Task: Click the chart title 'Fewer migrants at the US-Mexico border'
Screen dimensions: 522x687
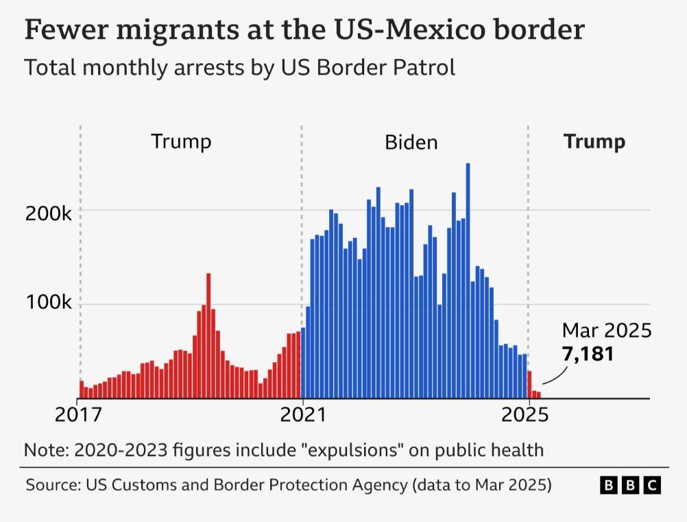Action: (304, 30)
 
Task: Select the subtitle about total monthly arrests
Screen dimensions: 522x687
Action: (239, 68)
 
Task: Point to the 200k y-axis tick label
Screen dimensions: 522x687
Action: (49, 213)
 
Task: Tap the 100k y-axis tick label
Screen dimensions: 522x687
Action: (49, 303)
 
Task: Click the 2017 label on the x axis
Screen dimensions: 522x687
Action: (77, 415)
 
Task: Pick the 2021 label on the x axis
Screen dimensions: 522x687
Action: (302, 415)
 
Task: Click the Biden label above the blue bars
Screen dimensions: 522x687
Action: (411, 143)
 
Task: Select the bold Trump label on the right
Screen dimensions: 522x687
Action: (594, 142)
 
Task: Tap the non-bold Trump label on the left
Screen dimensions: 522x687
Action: (181, 142)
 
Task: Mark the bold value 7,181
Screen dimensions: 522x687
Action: (588, 354)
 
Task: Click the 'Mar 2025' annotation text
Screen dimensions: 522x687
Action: (606, 331)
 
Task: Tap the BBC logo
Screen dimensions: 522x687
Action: (630, 486)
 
